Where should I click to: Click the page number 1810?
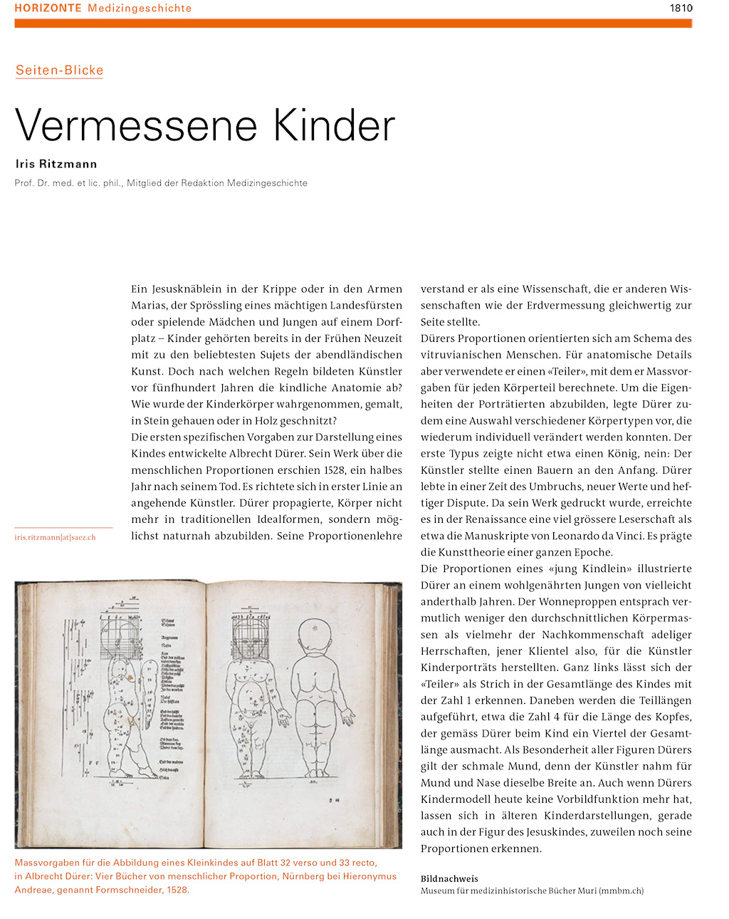[681, 9]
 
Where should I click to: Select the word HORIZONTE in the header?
[48, 9]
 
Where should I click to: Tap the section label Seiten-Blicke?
[60, 71]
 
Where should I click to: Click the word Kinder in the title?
[334, 125]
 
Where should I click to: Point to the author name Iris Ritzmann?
[56, 164]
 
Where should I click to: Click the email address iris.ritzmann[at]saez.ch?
[55, 537]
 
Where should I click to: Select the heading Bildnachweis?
[449, 878]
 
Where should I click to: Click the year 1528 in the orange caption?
[177, 889]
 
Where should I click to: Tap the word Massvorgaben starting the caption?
[48, 863]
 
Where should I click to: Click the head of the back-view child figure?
[315, 633]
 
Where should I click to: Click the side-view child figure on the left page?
[122, 705]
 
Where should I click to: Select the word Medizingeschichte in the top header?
[140, 9]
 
